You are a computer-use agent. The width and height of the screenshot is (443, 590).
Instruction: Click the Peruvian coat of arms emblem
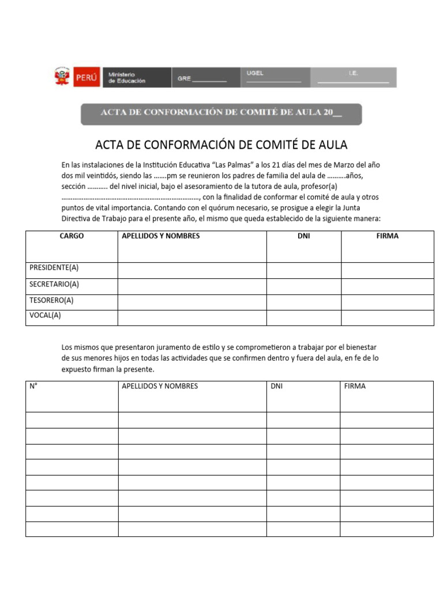62,77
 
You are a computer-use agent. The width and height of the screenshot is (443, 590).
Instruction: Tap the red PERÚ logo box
87,77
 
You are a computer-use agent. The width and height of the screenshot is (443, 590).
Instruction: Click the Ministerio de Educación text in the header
127,78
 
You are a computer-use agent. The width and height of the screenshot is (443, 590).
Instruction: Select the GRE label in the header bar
184,79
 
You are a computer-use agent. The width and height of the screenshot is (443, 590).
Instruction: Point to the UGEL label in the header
255,73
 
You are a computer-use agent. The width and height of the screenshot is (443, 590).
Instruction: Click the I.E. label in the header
353,73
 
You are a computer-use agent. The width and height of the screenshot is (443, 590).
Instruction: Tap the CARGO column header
72,236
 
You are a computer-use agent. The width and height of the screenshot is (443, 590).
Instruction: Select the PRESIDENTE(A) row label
54,268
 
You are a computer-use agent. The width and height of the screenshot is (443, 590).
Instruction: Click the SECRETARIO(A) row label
54,284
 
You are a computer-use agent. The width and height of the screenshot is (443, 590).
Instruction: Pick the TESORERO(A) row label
51,300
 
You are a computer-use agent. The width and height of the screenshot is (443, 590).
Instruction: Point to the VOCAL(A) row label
45,315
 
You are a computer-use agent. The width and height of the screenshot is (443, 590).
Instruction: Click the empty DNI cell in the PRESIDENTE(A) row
303,270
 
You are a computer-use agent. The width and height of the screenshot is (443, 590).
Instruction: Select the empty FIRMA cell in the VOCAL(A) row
387,317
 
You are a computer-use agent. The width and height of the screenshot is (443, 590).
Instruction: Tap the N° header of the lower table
33,386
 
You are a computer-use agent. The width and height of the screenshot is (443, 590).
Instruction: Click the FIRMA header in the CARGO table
387,236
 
